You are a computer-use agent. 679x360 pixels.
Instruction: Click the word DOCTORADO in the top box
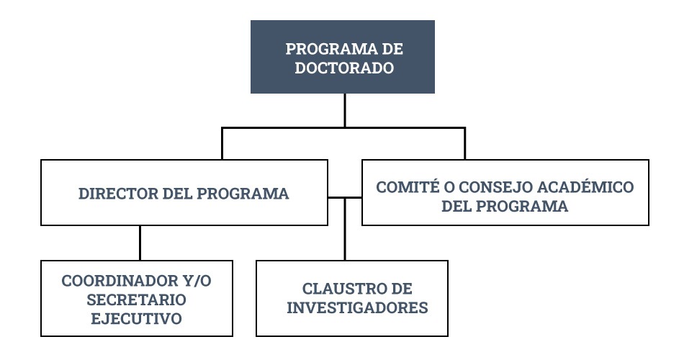[x=344, y=68]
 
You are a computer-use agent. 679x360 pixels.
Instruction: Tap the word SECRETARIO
[x=136, y=300]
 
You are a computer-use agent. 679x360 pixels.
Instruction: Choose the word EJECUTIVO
[x=136, y=319]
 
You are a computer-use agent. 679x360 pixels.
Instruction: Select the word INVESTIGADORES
[x=357, y=307]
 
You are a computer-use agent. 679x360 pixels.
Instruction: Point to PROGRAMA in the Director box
[x=243, y=194]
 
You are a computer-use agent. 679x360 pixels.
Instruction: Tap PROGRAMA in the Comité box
[x=522, y=206]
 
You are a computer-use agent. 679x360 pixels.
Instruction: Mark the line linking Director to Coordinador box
[x=140, y=243]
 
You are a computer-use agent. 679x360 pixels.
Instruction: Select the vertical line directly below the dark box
[x=345, y=110]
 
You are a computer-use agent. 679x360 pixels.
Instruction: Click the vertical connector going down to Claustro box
[x=345, y=229]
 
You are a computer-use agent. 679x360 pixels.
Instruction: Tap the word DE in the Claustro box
[x=400, y=289]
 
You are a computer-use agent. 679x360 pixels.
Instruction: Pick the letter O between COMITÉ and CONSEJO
[x=449, y=187]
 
